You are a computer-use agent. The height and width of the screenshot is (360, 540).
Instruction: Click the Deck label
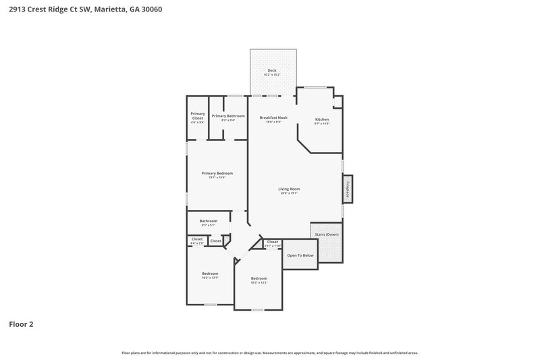pos(272,70)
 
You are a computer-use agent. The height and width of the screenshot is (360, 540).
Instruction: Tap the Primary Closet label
pos(197,115)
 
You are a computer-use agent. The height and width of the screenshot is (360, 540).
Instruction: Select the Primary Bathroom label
pos(228,115)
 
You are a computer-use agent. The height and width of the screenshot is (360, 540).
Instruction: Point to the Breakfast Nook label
pos(273,118)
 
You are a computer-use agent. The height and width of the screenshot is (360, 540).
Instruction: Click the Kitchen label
pos(322,120)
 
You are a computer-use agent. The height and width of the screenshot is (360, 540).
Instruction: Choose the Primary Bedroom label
pos(213,174)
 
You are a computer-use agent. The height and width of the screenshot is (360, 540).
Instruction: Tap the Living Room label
pos(289,188)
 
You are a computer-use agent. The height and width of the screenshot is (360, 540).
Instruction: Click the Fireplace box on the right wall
pos(348,188)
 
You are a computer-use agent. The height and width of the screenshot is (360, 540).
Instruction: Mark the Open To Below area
pos(300,255)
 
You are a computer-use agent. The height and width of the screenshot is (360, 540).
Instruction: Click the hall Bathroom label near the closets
pos(208,221)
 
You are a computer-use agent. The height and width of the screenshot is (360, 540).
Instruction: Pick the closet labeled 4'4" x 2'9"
pos(197,240)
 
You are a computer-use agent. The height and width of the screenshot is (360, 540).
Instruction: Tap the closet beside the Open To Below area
pos(272,242)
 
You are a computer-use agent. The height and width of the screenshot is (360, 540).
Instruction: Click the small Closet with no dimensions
pos(215,240)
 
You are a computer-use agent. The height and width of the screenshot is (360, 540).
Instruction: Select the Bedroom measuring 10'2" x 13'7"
pos(210,274)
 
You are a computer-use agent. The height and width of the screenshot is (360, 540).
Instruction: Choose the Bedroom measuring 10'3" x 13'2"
pos(259,280)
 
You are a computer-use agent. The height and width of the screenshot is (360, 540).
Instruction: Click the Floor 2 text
pos(21,324)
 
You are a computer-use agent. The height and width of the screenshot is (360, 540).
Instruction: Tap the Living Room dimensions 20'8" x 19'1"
pos(289,193)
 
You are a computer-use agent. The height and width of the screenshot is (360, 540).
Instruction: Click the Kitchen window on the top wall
pos(314,87)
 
